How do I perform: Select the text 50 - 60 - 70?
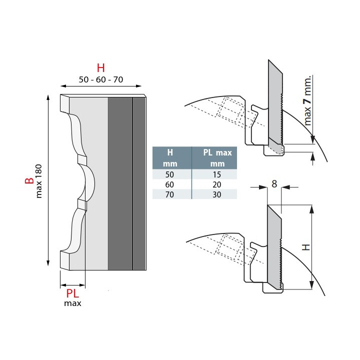(x=101, y=79)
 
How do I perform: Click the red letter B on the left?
(x=29, y=180)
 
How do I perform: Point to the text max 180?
(x=39, y=180)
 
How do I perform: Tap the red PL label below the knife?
(x=73, y=293)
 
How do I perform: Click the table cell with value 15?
(x=214, y=174)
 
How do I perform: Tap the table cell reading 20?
(x=214, y=184)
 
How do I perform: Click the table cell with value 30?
(x=214, y=194)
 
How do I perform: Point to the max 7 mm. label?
(x=307, y=100)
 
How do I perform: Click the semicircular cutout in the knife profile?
(x=88, y=182)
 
